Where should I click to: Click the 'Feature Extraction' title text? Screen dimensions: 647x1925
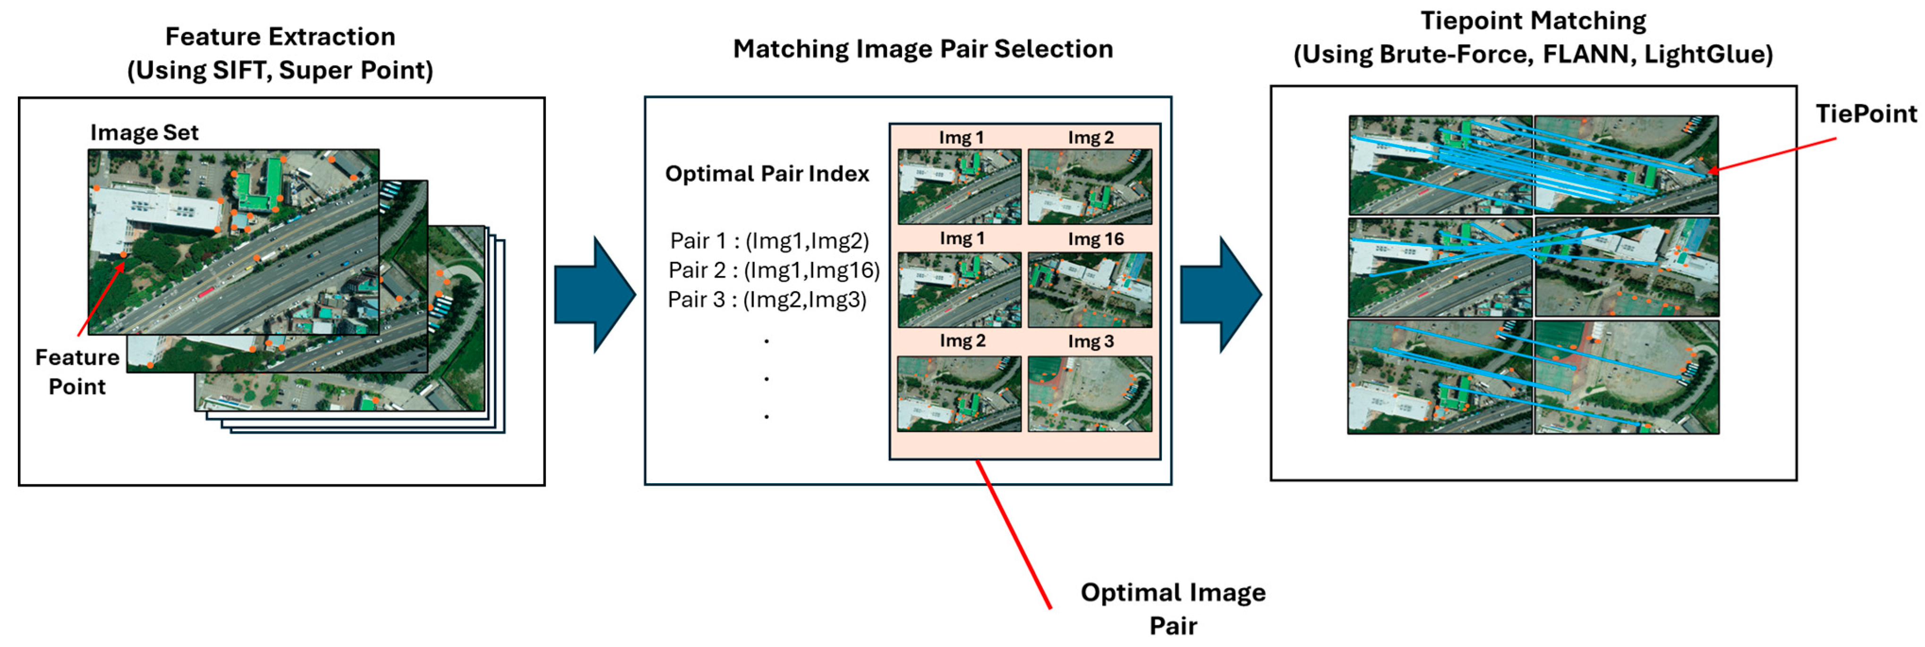[280, 37]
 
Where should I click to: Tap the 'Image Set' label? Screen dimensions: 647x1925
[144, 133]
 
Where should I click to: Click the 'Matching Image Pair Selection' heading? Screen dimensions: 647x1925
[922, 49]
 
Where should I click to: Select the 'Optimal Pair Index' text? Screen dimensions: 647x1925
[767, 174]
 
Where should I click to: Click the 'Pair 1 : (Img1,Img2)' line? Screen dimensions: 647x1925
[769, 241]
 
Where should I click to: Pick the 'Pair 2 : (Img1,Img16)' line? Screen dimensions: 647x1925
[774, 270]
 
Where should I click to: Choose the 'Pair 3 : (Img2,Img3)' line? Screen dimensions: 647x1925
[767, 300]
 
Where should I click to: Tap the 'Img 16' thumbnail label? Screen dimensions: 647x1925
[1095, 240]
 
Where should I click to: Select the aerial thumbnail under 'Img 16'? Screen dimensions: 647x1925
[1090, 290]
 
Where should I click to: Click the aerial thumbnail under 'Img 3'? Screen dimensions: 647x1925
[1090, 394]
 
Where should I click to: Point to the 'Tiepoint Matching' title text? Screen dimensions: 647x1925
[1533, 21]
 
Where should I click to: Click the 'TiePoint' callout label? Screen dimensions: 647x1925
[1865, 114]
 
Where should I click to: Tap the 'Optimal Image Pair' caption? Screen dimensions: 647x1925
[1173, 609]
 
